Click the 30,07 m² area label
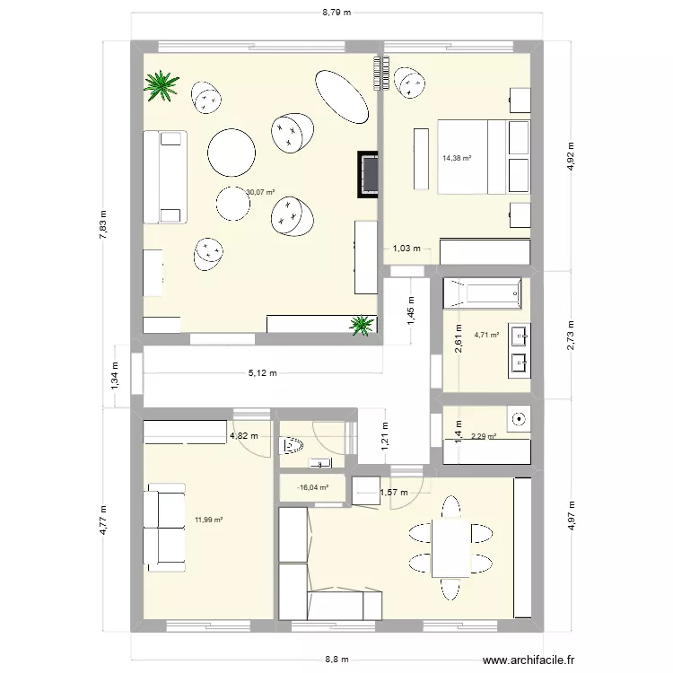pyautogui.click(x=260, y=191)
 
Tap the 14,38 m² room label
pyautogui.click(x=457, y=159)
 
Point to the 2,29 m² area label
pyautogui.click(x=484, y=437)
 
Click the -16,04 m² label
pyautogui.click(x=312, y=488)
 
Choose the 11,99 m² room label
pyautogui.click(x=208, y=520)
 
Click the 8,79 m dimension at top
pyautogui.click(x=336, y=13)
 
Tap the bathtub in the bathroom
pyautogui.click(x=483, y=291)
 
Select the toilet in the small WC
pyautogui.click(x=293, y=445)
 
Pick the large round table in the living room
pyautogui.click(x=232, y=151)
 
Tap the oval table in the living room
pyautogui.click(x=342, y=96)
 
